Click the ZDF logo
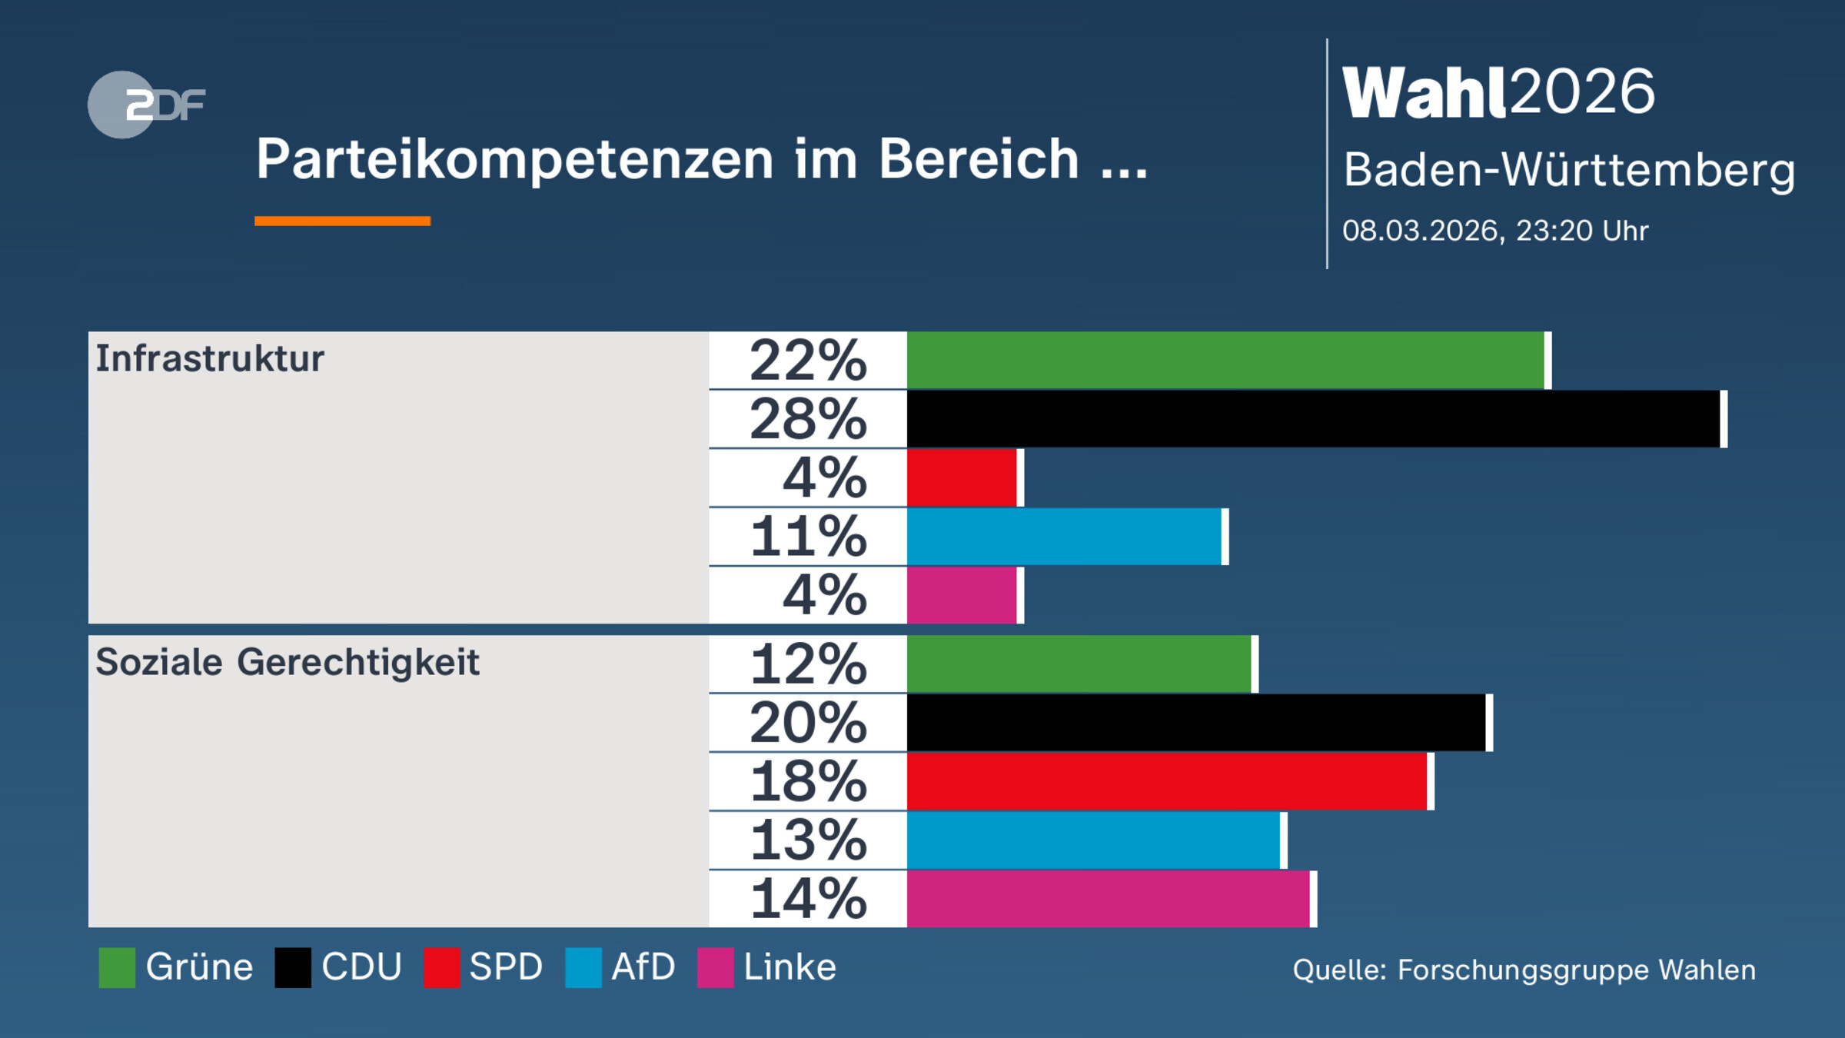tap(146, 105)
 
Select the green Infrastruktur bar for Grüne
tap(1226, 360)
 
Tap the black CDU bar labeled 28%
tap(1315, 419)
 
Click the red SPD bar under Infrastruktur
tap(962, 477)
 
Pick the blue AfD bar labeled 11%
tap(1065, 537)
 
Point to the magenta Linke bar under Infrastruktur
tap(962, 595)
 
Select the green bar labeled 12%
tap(1079, 664)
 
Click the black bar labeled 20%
tap(1197, 723)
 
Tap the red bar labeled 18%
tap(1168, 781)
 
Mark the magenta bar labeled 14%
tap(1109, 899)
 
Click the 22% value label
tap(808, 360)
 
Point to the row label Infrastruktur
tap(210, 359)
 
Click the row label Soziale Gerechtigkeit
tap(288, 662)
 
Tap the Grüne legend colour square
tap(117, 967)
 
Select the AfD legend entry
tap(621, 967)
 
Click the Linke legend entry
tap(767, 967)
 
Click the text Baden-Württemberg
tap(1569, 170)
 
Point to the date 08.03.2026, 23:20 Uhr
tap(1495, 231)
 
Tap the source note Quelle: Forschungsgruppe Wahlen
tap(1524, 970)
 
